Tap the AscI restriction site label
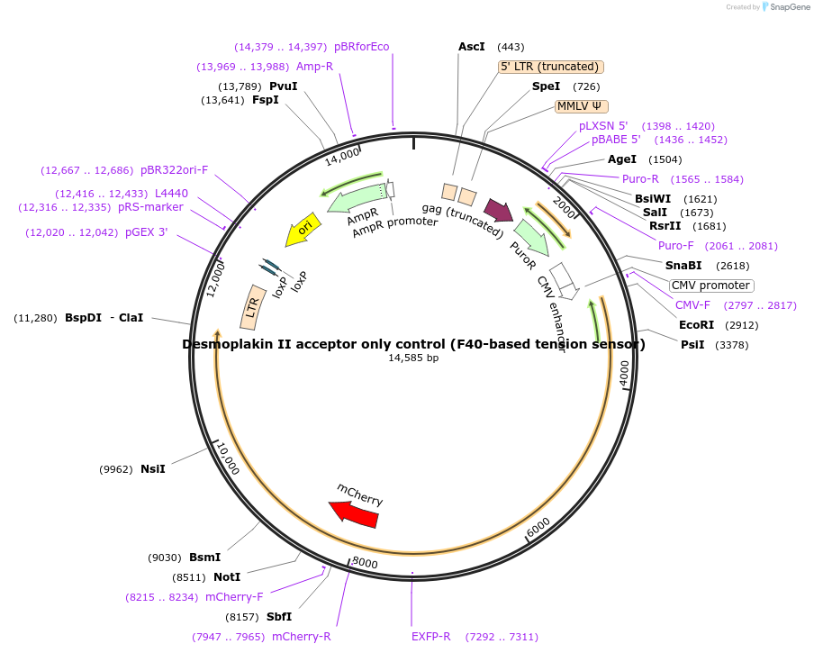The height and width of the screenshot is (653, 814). [472, 47]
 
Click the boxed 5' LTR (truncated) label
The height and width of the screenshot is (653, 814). [550, 67]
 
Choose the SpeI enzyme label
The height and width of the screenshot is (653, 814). [546, 86]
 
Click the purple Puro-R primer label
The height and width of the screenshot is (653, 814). [640, 178]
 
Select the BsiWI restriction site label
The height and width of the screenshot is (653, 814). [653, 199]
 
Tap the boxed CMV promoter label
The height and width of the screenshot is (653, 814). [711, 286]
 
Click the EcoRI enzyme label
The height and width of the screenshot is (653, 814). [696, 325]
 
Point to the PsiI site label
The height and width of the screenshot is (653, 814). [692, 345]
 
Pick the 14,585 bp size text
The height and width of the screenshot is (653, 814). [413, 358]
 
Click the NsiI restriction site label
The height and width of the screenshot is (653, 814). [153, 469]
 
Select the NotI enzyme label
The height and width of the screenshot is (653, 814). [227, 577]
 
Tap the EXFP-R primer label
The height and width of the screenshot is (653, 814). [430, 637]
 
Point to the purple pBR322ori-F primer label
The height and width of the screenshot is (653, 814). [174, 170]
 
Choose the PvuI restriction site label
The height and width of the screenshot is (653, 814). [284, 86]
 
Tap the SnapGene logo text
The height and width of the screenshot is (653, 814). [787, 7]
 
